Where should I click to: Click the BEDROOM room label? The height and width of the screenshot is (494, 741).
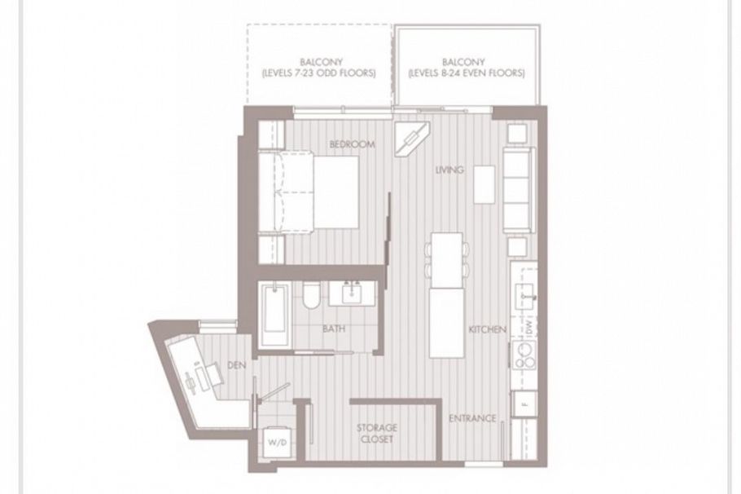click(x=352, y=144)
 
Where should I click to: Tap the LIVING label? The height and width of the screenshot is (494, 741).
click(x=449, y=170)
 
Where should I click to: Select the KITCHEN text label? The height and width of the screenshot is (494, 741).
click(x=488, y=329)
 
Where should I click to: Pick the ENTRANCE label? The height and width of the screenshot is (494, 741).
click(x=473, y=418)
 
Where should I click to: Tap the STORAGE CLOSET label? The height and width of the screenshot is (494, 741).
click(x=376, y=433)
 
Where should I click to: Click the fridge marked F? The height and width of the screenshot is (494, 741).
click(x=524, y=403)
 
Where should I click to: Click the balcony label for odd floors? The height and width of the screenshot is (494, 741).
click(x=318, y=67)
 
